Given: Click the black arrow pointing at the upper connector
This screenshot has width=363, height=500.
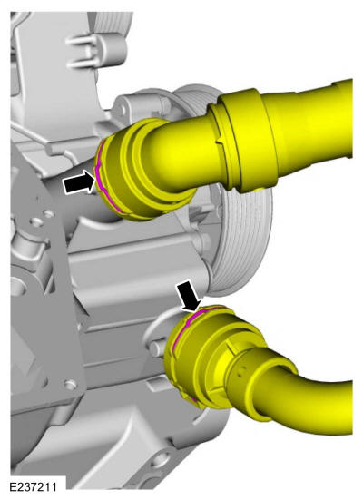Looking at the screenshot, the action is click(80, 181).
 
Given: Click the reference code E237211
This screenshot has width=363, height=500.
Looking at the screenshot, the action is click(34, 487).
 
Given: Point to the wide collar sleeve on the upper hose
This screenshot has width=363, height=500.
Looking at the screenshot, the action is click(246, 141).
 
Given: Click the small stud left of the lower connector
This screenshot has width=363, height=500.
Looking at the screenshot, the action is click(156, 348).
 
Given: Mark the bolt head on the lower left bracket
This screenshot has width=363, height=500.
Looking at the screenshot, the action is click(70, 385).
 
